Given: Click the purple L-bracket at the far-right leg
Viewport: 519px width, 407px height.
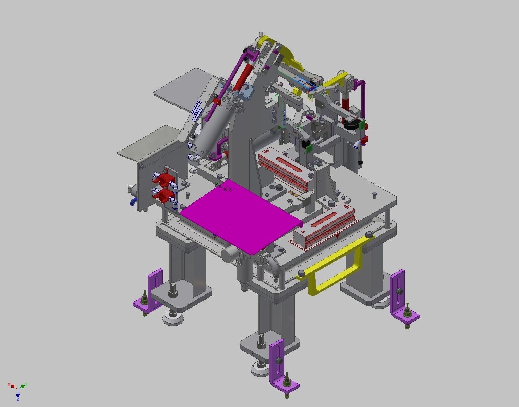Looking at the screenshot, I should point(401,297).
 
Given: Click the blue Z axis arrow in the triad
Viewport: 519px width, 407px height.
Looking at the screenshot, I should point(18,395).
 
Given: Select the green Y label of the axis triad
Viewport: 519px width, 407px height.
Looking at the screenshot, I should point(26,384).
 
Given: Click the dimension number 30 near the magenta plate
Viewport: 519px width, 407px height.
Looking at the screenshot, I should point(220,186).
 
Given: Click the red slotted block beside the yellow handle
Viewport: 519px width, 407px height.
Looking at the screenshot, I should point(325,225).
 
